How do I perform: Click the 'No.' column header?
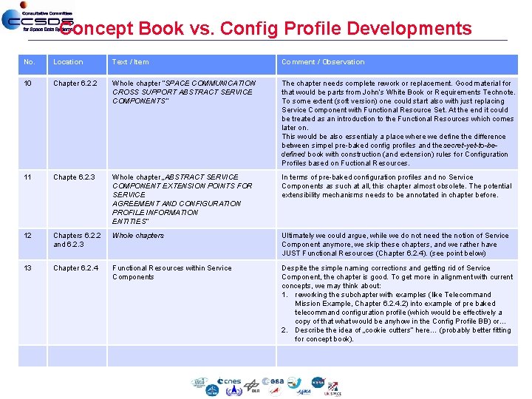coord(30,62)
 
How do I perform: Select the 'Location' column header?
coord(68,62)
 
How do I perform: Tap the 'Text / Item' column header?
coord(130,62)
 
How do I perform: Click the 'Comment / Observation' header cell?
coord(323,62)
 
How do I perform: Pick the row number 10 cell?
coord(28,83)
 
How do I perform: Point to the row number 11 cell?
coord(28,177)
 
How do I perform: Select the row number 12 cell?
coord(28,236)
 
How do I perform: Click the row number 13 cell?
coord(28,268)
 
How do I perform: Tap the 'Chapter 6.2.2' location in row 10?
coord(75,83)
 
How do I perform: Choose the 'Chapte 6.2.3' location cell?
coord(73,177)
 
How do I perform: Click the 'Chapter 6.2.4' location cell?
coord(75,268)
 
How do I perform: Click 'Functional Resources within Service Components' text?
coord(171,273)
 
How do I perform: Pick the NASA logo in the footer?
coord(318,383)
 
